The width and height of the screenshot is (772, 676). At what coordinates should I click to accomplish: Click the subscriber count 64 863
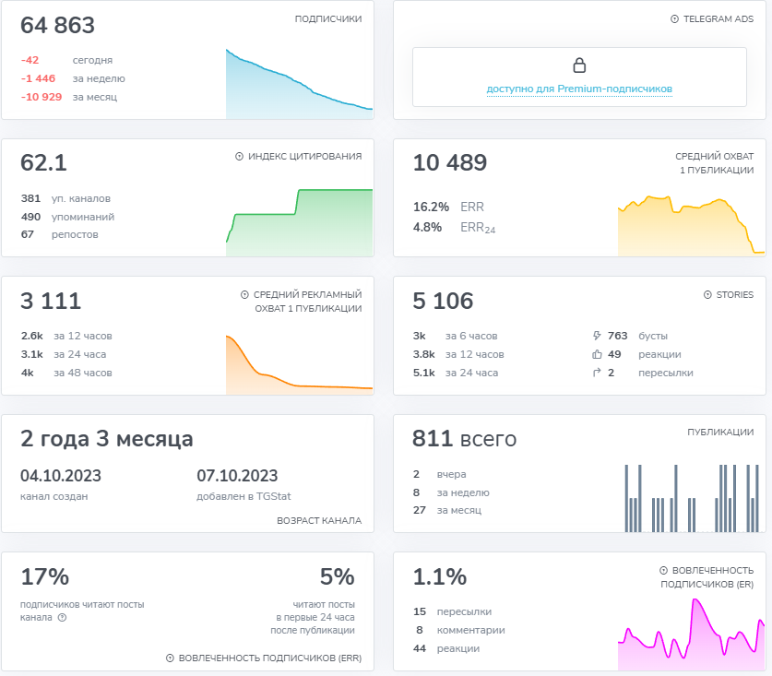[x=57, y=25]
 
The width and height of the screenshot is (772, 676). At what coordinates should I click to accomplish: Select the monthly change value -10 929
[x=42, y=97]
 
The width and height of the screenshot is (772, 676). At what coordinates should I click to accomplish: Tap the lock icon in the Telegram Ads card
[x=579, y=65]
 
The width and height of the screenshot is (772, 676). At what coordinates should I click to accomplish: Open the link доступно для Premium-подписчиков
[x=579, y=89]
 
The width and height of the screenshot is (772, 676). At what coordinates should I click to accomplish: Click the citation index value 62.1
[x=43, y=162]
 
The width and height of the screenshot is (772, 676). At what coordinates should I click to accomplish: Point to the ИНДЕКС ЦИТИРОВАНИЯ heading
[x=304, y=157]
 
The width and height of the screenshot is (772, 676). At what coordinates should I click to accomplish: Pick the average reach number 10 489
[x=449, y=162]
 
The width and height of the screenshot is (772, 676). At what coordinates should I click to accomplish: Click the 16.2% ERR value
[x=431, y=207]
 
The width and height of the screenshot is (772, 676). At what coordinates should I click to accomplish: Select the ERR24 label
[x=478, y=228]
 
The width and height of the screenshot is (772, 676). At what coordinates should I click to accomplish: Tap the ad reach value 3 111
[x=51, y=301]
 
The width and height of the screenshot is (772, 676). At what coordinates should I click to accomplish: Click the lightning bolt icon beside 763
[x=597, y=336]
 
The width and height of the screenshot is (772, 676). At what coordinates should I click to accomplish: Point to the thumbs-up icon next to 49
[x=597, y=354]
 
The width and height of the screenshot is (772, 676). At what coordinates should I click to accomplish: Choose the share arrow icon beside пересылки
[x=597, y=373]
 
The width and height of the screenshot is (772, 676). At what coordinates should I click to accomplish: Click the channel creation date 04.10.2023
[x=61, y=476]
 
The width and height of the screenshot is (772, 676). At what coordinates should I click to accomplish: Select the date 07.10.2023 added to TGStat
[x=237, y=476]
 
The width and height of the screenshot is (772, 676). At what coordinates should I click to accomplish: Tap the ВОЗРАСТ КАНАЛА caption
[x=319, y=521]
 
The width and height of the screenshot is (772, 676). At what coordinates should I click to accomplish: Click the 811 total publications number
[x=433, y=438]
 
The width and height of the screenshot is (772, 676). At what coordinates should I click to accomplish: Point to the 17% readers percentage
[x=45, y=576]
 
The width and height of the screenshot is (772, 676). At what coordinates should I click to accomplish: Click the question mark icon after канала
[x=62, y=617]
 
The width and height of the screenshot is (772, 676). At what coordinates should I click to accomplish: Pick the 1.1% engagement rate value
[x=440, y=576]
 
